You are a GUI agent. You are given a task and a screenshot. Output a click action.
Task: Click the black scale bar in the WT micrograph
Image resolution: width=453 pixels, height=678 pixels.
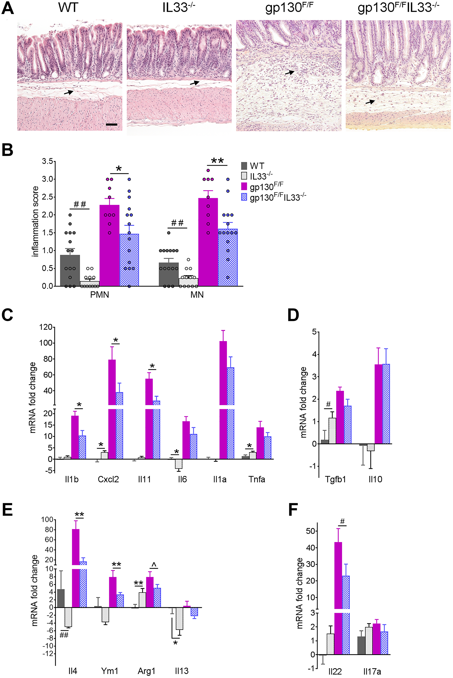[111, 124]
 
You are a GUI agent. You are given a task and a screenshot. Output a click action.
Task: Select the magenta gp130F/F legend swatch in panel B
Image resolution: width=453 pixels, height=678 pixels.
[244, 187]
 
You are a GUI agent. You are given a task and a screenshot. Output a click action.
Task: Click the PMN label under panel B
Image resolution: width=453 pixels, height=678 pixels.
[99, 295]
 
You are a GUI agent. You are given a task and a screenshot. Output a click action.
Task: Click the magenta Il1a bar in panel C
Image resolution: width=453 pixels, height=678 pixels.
[223, 404]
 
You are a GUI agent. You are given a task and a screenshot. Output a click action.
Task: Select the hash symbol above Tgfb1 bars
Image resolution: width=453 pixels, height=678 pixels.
[328, 404]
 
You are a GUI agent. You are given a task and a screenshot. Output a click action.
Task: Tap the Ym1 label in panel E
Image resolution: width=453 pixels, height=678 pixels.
[109, 671]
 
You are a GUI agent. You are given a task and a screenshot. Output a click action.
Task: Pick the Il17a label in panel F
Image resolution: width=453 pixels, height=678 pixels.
[372, 671]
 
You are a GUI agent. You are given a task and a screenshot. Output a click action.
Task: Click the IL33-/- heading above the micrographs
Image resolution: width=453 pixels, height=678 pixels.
[178, 8]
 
